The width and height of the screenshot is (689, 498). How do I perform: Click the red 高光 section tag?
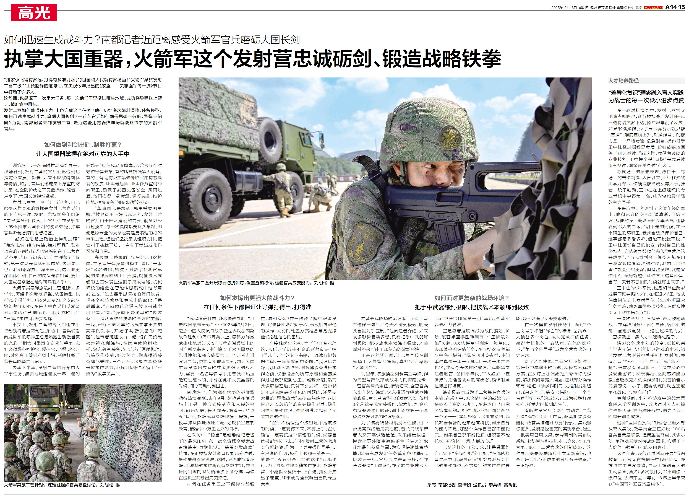coord(34,13)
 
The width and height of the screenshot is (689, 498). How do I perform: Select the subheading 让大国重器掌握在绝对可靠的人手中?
coord(83,154)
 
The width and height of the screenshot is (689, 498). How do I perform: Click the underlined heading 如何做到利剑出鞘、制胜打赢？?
coord(83,145)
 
